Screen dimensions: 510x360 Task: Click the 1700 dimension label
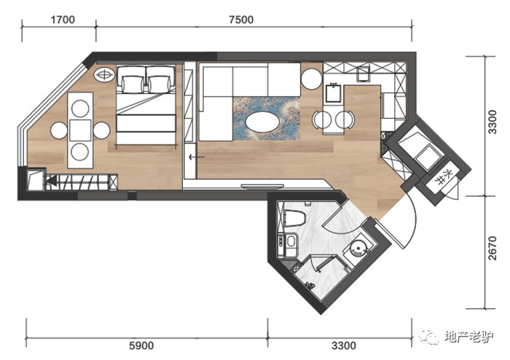(63, 20)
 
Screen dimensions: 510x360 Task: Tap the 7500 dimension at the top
(241, 20)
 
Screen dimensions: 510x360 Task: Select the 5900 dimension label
(141, 345)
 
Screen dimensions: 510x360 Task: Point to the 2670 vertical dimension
(493, 248)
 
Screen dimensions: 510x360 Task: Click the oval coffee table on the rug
(262, 122)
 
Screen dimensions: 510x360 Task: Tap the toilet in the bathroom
(294, 218)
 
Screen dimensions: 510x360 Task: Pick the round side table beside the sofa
(312, 79)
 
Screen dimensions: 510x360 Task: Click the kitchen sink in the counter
(334, 93)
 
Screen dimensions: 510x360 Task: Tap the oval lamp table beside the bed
(104, 75)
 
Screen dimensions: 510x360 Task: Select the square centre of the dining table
(80, 130)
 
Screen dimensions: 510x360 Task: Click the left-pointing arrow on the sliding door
(197, 157)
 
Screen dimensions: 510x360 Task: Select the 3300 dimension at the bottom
(344, 345)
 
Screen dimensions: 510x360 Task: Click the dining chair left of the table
(59, 130)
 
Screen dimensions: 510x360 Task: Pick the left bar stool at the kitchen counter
(322, 120)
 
